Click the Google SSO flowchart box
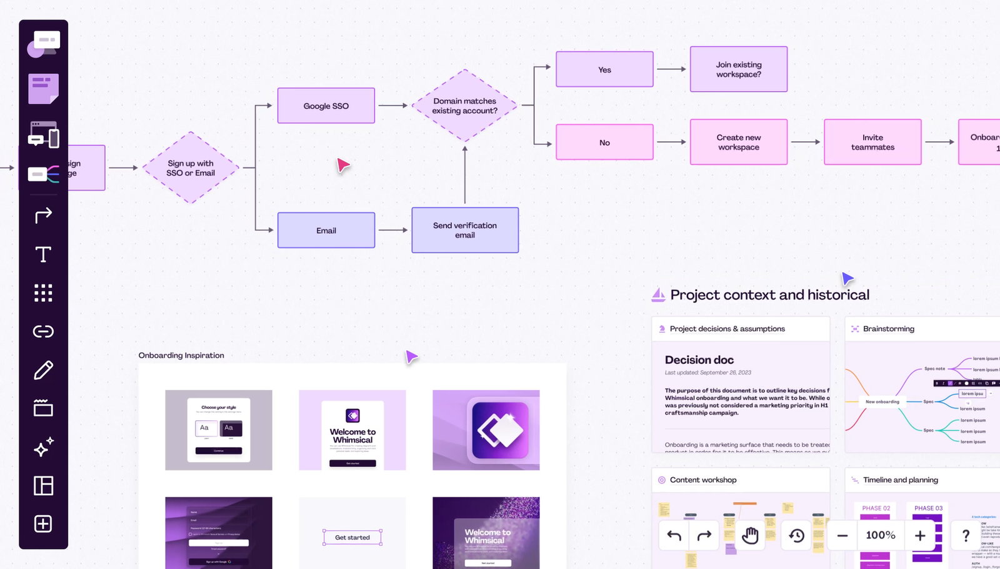point(326,106)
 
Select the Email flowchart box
point(326,230)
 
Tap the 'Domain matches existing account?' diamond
point(464,106)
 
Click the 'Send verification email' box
point(464,230)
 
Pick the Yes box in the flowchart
point(604,69)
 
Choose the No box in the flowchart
point(604,142)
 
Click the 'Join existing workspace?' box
point(738,69)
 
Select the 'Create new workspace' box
point(738,142)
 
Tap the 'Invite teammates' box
point(872,142)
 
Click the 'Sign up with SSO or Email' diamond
point(191,168)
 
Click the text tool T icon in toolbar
point(43,254)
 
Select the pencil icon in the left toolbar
point(43,370)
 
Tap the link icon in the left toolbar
point(43,331)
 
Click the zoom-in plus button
point(920,535)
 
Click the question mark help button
point(966,535)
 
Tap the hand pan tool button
point(750,535)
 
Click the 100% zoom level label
point(880,535)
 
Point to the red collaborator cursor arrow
point(343,165)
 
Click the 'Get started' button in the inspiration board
point(352,537)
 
